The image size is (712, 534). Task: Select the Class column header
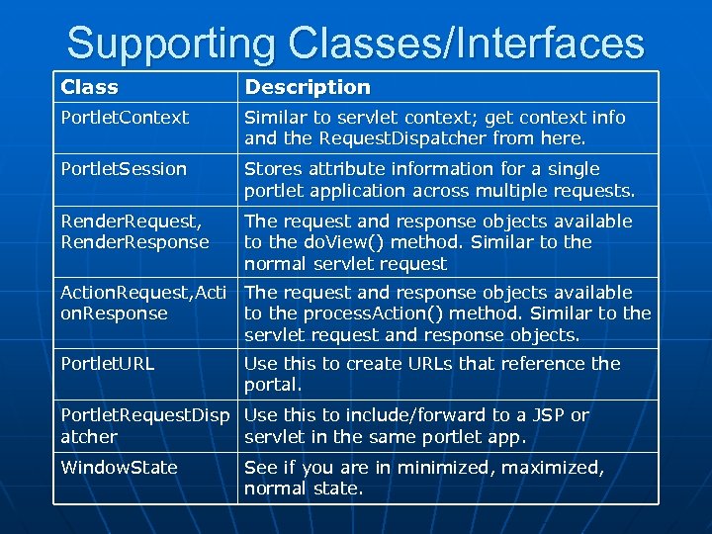(89, 87)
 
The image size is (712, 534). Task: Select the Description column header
(308, 87)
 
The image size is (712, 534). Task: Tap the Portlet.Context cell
(125, 118)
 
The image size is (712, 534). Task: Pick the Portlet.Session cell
(124, 169)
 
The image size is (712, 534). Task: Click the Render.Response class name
(134, 242)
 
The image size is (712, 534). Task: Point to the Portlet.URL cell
(108, 364)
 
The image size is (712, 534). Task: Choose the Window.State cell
(120, 468)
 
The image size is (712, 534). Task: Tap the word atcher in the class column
(89, 436)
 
